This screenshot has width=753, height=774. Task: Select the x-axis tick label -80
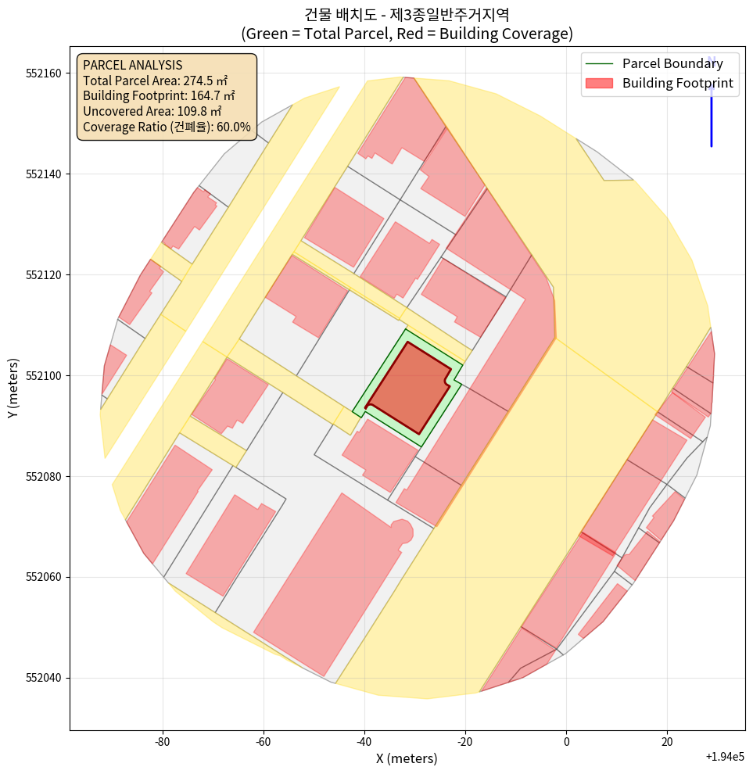click(163, 740)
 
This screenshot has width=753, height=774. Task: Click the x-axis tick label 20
click(667, 740)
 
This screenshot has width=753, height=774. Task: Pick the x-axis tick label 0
click(566, 740)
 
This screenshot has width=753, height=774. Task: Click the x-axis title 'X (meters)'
click(407, 758)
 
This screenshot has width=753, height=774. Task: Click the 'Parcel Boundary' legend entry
click(672, 63)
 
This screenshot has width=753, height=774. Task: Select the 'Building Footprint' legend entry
click(677, 83)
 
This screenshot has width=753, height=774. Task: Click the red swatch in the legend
click(598, 83)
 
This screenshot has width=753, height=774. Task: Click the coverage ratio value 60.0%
click(232, 127)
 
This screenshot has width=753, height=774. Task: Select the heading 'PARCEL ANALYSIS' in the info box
click(132, 65)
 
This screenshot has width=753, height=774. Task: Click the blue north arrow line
click(711, 117)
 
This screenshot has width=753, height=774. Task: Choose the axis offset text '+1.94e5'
click(724, 757)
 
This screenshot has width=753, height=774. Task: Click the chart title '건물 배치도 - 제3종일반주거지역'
click(407, 14)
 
